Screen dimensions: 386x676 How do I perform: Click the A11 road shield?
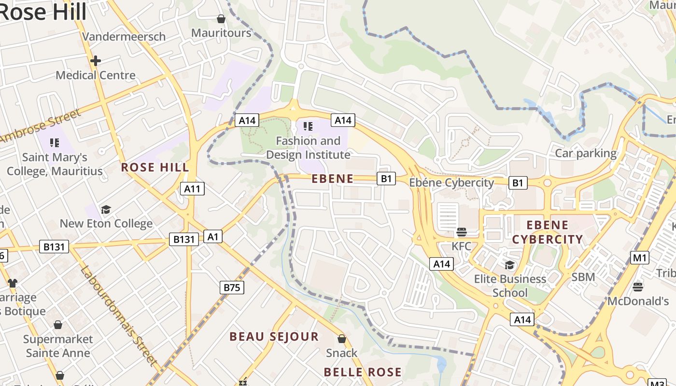(x=192, y=189)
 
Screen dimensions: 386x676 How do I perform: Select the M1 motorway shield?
(x=640, y=258)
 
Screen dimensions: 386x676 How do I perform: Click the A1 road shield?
(x=213, y=236)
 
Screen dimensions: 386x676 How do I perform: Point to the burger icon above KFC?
(x=461, y=232)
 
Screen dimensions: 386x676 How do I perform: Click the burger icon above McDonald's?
(x=637, y=287)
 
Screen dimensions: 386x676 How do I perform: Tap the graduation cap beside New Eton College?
(x=106, y=209)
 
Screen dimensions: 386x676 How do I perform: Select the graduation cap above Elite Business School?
(x=509, y=265)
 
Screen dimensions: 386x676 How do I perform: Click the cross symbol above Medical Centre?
(x=95, y=61)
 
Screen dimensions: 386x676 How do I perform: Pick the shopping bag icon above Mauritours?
(x=221, y=19)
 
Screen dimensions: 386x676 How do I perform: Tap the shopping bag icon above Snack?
(x=342, y=339)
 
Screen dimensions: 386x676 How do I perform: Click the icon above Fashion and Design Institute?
(x=308, y=126)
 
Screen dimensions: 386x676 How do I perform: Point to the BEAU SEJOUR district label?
(x=274, y=336)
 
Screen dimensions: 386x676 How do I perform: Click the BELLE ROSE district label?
(x=362, y=372)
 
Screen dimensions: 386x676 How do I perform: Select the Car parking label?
(x=586, y=153)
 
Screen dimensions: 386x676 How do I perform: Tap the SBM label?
(x=583, y=277)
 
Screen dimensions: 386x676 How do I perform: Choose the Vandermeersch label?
(x=124, y=37)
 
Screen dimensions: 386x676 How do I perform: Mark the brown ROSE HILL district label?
(x=155, y=167)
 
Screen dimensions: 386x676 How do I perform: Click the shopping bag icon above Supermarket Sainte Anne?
(x=58, y=325)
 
